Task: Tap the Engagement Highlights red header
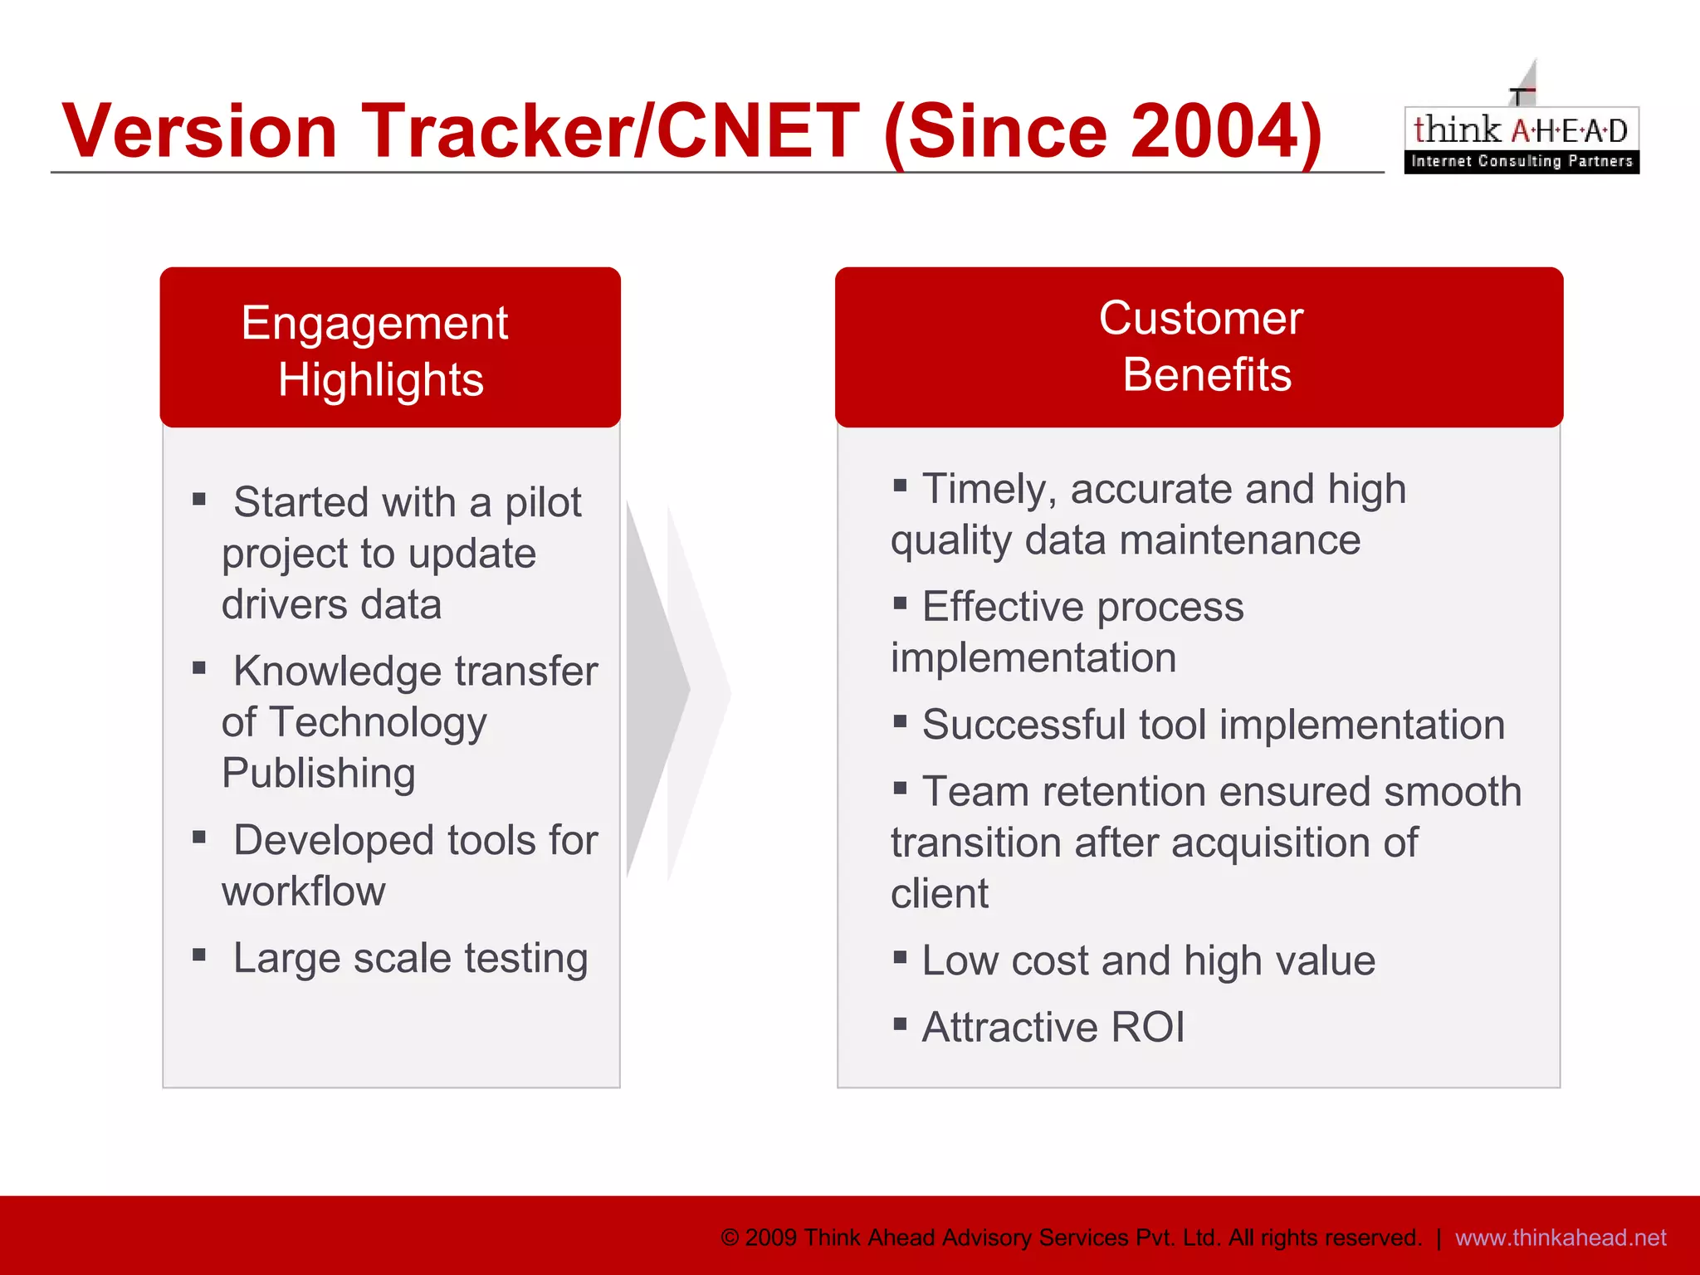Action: pyautogui.click(x=390, y=349)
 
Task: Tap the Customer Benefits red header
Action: pyautogui.click(x=1199, y=347)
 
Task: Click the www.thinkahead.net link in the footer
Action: pyautogui.click(x=1561, y=1238)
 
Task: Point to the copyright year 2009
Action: pyautogui.click(x=771, y=1238)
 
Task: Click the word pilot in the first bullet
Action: pyautogui.click(x=543, y=503)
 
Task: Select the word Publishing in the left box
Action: pyautogui.click(x=319, y=774)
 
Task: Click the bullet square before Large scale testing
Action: pyautogui.click(x=199, y=955)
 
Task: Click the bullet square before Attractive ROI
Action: pyautogui.click(x=900, y=1023)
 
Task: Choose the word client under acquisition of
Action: pyautogui.click(x=940, y=894)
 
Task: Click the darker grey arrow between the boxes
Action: pyautogui.click(x=656, y=689)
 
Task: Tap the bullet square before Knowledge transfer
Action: pyautogui.click(x=199, y=668)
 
